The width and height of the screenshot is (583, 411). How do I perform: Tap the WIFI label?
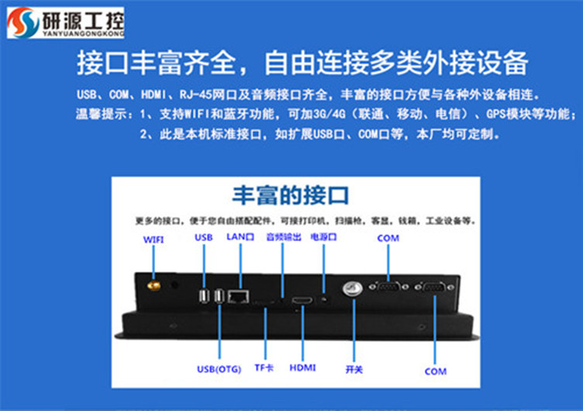click(153, 240)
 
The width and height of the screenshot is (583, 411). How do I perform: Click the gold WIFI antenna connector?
click(154, 288)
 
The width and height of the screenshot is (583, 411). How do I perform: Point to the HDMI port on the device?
click(302, 299)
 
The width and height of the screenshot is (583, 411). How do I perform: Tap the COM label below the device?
click(435, 371)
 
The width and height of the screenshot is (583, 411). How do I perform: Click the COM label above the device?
click(388, 238)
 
